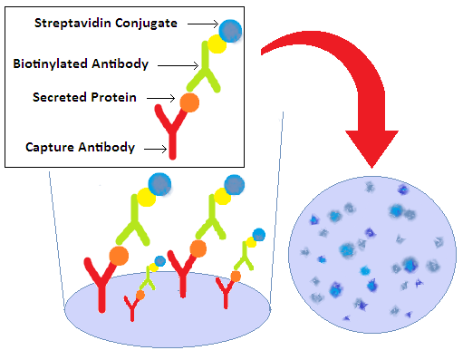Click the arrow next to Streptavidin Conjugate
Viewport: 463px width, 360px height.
(x=204, y=24)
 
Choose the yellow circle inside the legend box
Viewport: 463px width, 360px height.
(x=217, y=44)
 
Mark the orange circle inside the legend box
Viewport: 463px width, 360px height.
(x=188, y=102)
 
